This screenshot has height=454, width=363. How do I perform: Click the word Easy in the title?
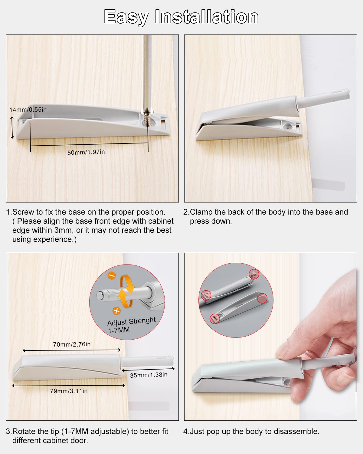tap(126, 17)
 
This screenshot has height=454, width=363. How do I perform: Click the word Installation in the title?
tap(207, 17)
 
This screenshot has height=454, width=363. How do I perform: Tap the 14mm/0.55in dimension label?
tap(28, 110)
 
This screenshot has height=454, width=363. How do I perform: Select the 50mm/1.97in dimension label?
tap(86, 152)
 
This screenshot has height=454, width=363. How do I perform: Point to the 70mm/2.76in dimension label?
tap(72, 344)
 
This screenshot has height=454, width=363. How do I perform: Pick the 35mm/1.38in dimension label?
tap(149, 375)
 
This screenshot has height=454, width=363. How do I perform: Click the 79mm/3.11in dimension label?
tap(69, 391)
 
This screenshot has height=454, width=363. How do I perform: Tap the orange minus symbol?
tap(112, 276)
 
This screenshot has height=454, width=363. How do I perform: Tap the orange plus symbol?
tap(116, 311)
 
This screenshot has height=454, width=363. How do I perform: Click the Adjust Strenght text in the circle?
tap(131, 321)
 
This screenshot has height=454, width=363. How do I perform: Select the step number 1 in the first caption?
tap(8, 212)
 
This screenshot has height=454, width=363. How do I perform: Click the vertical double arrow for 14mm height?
tap(12, 128)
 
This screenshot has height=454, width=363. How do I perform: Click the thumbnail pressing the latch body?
tap(286, 352)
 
